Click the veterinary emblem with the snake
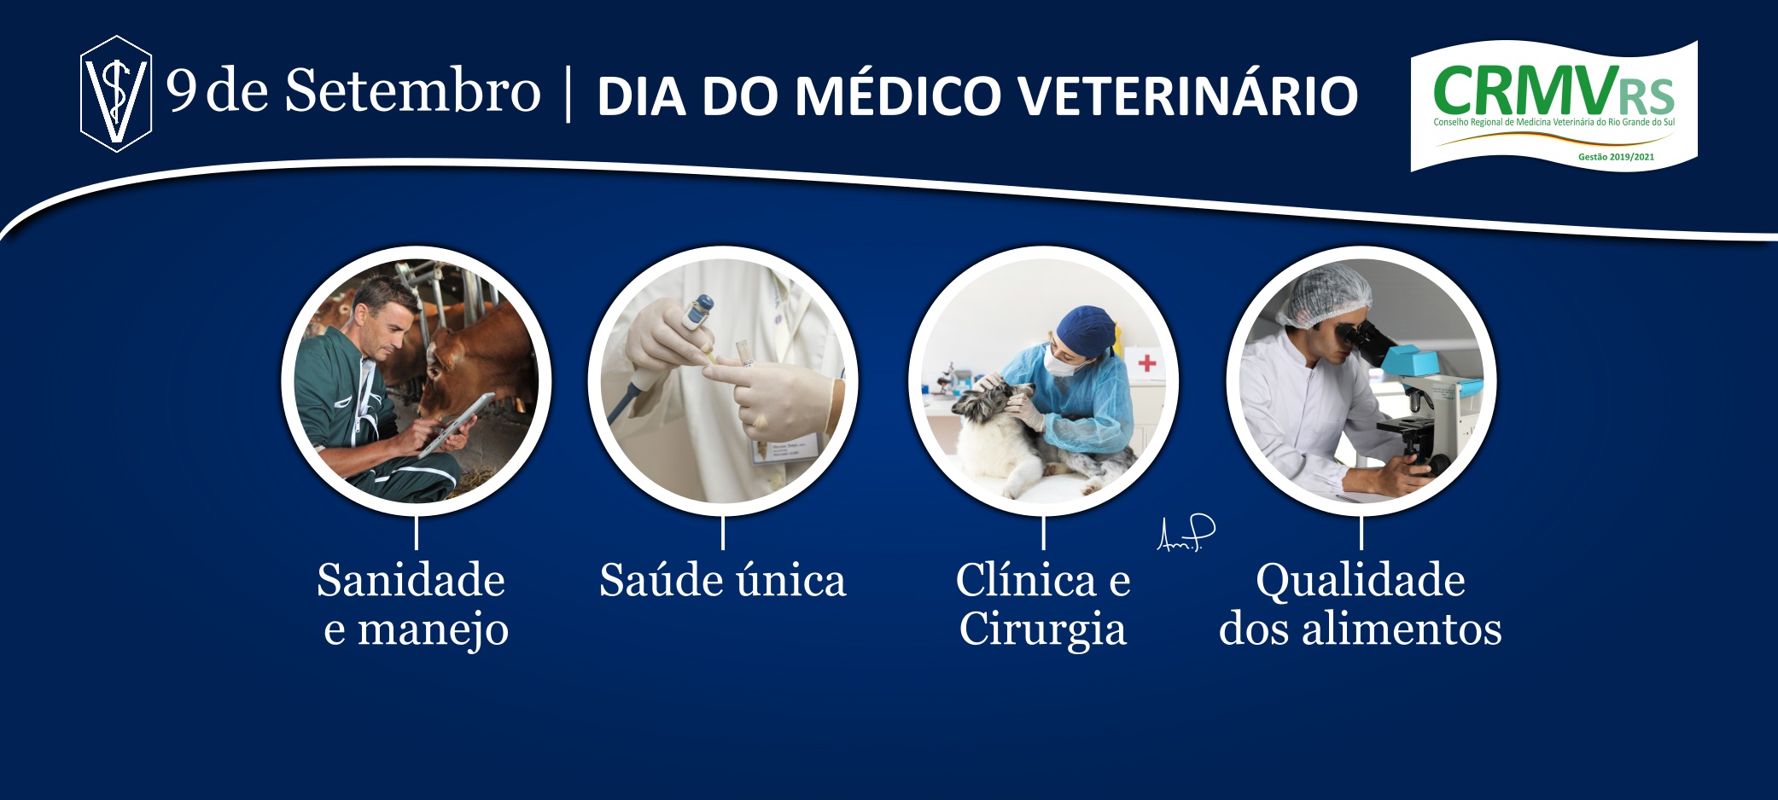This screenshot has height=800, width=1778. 116,94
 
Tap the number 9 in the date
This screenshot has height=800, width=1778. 181,90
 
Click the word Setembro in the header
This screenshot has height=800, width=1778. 412,90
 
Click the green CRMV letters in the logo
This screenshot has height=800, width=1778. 1525,91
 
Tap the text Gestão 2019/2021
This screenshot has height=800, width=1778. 1616,157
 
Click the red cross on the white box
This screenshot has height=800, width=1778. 1147,363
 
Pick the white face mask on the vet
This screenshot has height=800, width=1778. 1059,361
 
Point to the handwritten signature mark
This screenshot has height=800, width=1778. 1186,533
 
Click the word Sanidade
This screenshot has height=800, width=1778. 411,580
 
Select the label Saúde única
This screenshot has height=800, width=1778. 722,580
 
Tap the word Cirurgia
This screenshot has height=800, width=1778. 1042,631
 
